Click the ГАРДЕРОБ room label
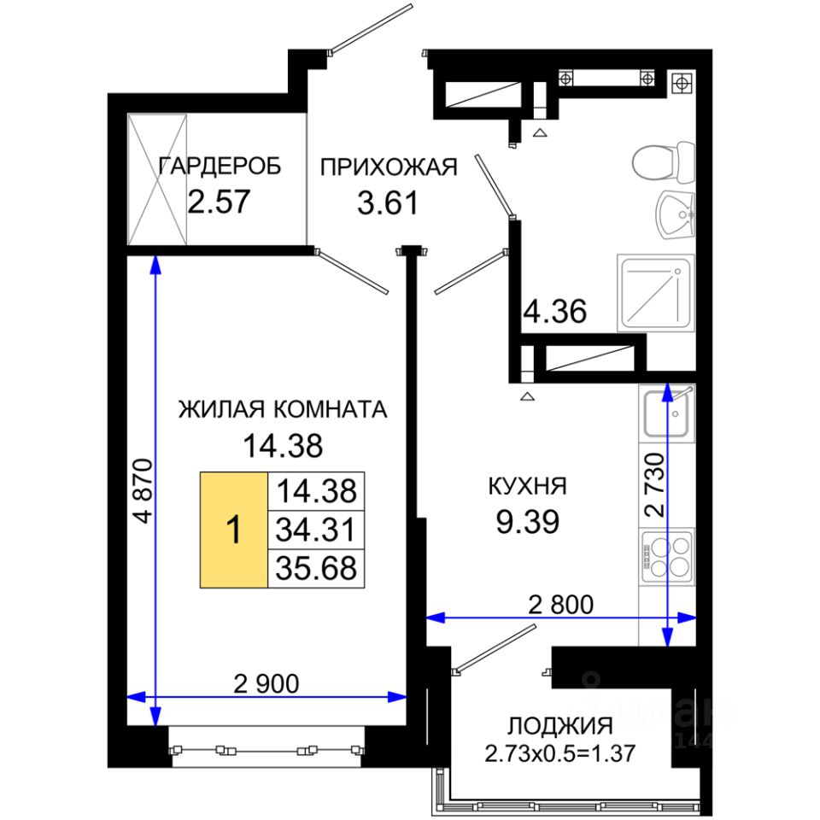(220, 167)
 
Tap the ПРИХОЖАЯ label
(389, 167)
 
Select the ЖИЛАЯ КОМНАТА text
(283, 409)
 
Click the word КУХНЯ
(527, 486)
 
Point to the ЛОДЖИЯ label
(560, 726)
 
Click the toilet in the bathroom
(664, 161)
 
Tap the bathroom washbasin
(675, 215)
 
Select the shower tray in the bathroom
(656, 293)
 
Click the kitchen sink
(666, 413)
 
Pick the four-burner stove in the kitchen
(667, 555)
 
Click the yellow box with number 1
(234, 530)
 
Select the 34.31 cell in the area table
(316, 530)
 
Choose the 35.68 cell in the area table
(316, 569)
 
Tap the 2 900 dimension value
(266, 683)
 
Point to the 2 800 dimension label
(560, 605)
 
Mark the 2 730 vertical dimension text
(654, 485)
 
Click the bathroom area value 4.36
(555, 312)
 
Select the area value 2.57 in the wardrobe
(220, 202)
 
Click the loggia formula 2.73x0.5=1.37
(560, 753)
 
